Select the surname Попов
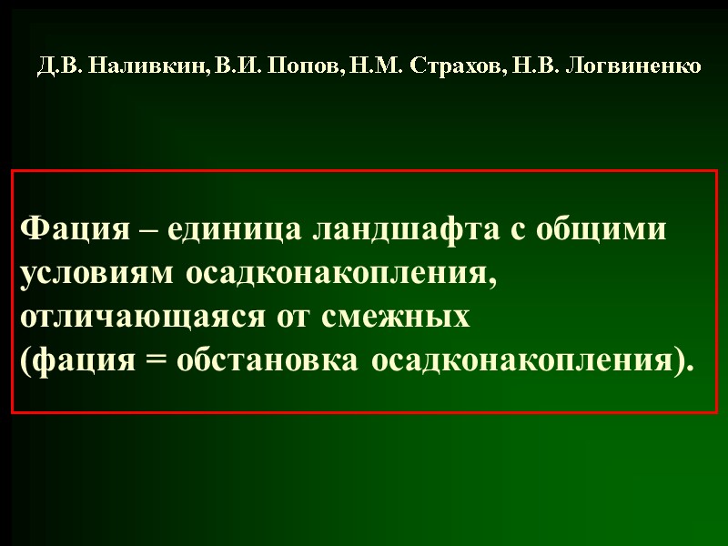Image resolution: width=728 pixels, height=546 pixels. [294, 66]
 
